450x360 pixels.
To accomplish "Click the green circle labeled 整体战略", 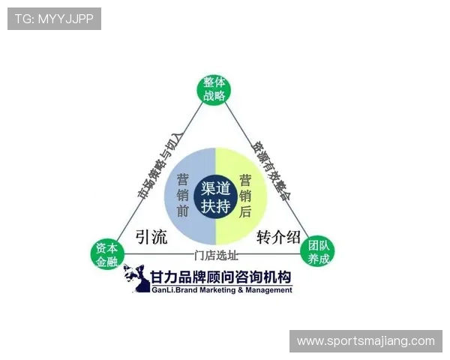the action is tap(214, 90).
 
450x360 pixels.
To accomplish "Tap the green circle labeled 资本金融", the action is tap(106, 255).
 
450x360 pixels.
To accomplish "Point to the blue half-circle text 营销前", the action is tap(182, 196).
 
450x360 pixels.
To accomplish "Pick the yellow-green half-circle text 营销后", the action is tap(244, 196).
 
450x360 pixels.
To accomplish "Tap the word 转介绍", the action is tap(278, 238).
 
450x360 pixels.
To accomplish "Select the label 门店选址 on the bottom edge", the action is tap(216, 255).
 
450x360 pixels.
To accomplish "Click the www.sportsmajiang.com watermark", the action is tap(365, 341).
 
